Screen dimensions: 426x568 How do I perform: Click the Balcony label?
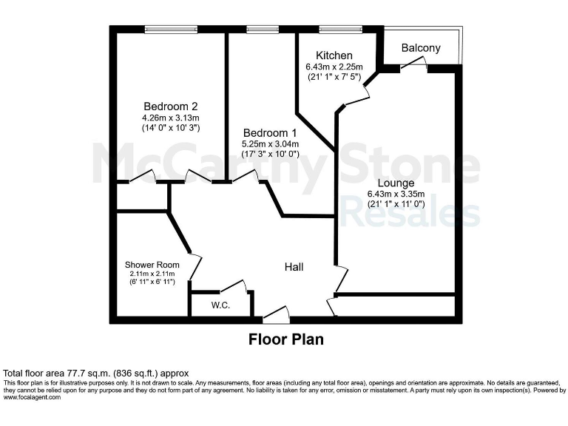(x=421, y=48)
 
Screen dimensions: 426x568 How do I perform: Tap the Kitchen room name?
(x=334, y=56)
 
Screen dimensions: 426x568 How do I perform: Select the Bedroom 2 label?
(x=170, y=106)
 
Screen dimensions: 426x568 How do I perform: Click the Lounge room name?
(x=396, y=183)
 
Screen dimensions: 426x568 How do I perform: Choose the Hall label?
(x=294, y=267)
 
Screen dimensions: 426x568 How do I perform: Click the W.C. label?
(x=220, y=305)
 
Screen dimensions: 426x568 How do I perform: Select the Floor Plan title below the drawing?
(x=285, y=340)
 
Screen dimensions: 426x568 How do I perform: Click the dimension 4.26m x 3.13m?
(x=170, y=117)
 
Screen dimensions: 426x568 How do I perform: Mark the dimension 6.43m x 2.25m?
(x=334, y=67)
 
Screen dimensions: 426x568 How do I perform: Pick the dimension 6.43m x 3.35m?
(x=396, y=195)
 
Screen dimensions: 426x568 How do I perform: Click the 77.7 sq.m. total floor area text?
(x=97, y=373)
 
